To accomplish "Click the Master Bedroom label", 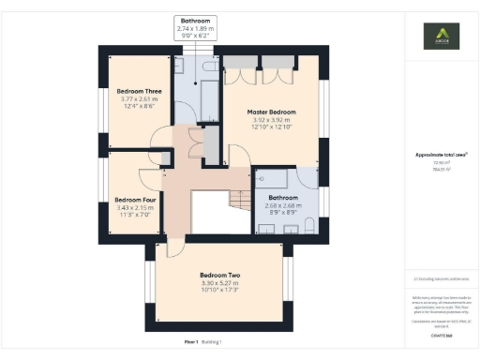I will pyautogui.click(x=272, y=112).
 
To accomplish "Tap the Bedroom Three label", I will pyautogui.click(x=140, y=91).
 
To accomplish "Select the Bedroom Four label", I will pyautogui.click(x=133, y=199).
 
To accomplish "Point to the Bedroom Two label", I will pyautogui.click(x=219, y=275).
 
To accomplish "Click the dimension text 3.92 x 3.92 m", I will pyautogui.click(x=272, y=120).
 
